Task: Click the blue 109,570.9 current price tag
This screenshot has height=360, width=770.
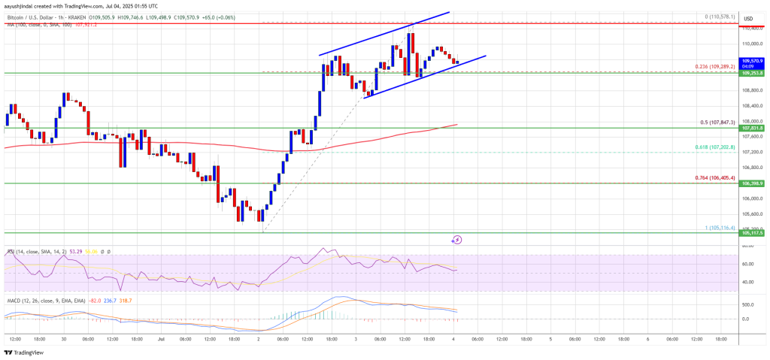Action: tap(752, 59)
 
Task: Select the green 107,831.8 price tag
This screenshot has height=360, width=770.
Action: tap(752, 128)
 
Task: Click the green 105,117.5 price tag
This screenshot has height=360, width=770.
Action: tap(752, 233)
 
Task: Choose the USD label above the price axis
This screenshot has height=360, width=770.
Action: tap(748, 18)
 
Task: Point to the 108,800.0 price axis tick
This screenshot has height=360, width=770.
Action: tap(752, 90)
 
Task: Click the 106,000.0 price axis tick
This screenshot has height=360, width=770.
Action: tap(752, 198)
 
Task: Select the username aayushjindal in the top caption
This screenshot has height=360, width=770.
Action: tap(21, 5)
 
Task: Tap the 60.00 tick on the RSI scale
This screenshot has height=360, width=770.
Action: tap(748, 264)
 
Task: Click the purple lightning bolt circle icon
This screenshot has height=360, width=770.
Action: tap(456, 240)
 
